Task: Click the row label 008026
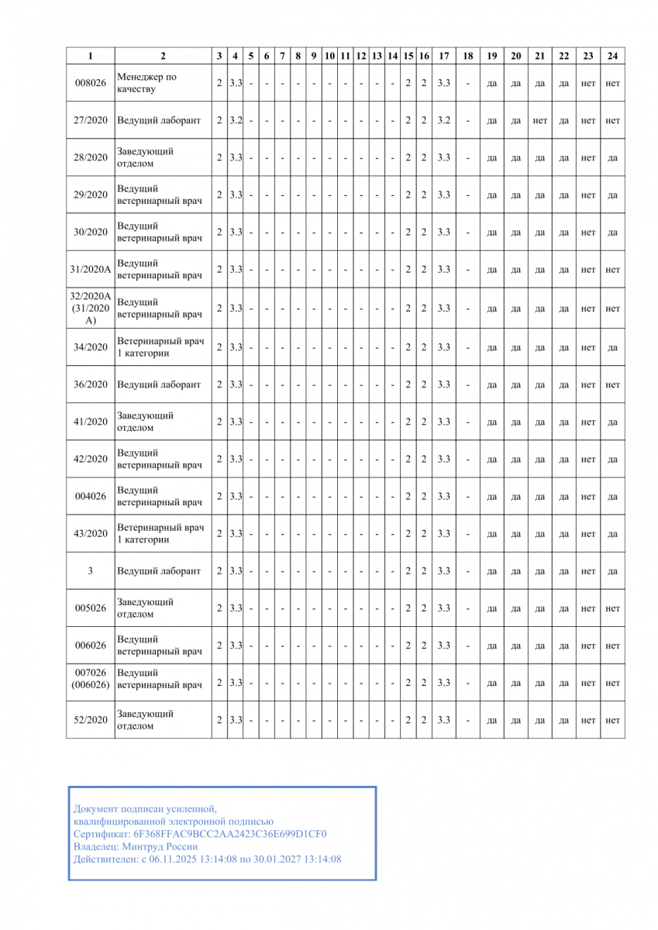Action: [90, 83]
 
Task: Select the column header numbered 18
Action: [467, 56]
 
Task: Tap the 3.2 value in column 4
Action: [236, 120]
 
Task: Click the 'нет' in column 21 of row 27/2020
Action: [540, 121]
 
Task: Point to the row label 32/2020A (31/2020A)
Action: [90, 308]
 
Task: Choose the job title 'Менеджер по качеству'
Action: [146, 83]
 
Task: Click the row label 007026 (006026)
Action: [90, 679]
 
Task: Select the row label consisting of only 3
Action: [90, 571]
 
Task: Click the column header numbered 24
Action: [612, 56]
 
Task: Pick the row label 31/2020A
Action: [90, 270]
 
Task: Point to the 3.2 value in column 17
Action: [443, 120]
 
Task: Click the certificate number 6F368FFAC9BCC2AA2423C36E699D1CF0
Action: [230, 834]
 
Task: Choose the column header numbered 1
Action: [90, 56]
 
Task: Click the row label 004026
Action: [90, 497]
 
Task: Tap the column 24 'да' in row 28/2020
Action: [612, 158]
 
